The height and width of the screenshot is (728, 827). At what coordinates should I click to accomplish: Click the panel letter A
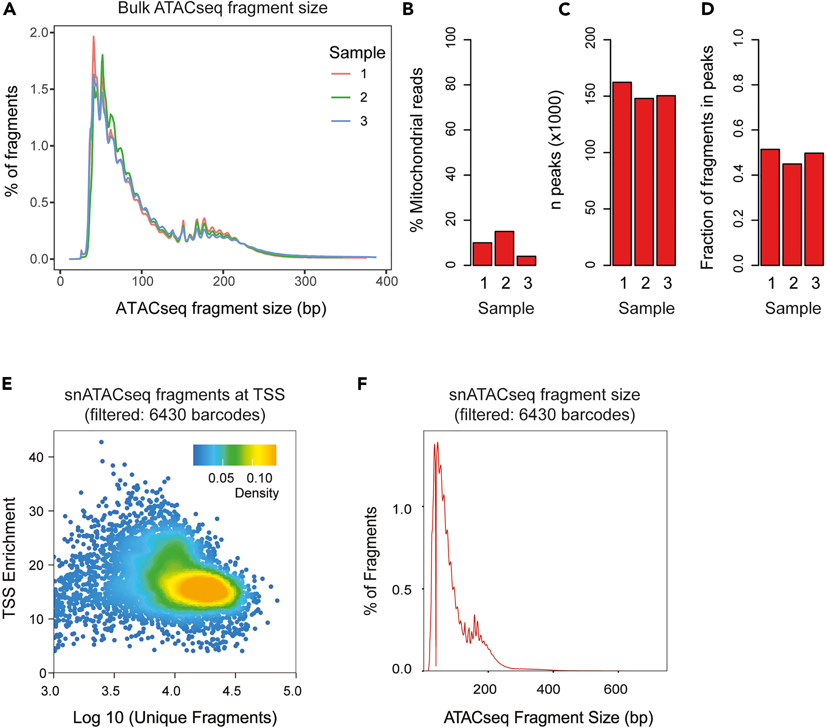9,9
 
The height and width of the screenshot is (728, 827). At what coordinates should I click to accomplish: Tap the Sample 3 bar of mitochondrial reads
526,261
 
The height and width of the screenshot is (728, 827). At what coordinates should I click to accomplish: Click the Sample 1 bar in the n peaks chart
622,174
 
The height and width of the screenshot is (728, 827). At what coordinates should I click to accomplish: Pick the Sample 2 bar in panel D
792,214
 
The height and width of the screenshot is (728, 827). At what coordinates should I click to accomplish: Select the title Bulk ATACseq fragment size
222,8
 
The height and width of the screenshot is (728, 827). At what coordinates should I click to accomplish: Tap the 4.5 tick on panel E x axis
231,691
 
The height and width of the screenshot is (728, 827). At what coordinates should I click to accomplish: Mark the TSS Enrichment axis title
9,558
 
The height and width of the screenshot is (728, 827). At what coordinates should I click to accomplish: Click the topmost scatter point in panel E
101,442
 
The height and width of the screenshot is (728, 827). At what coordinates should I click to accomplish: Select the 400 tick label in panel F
548,689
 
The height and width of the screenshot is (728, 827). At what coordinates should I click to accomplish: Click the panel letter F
362,383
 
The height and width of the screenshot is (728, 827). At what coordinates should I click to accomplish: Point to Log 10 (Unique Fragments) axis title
175,718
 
